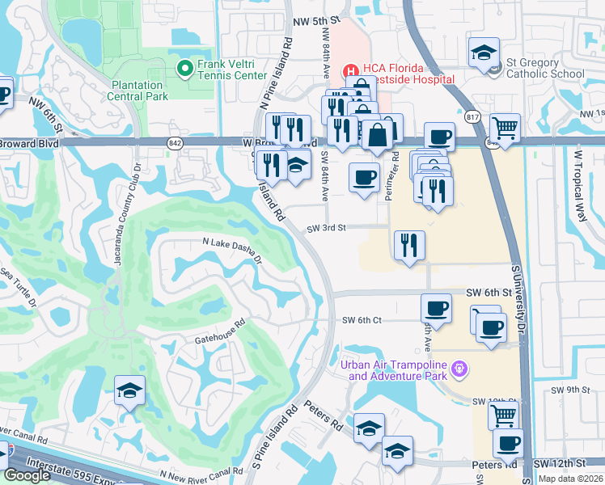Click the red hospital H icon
(x=349, y=70)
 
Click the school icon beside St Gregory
(x=484, y=53)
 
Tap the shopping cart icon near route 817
(x=505, y=126)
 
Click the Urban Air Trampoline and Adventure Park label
(x=395, y=369)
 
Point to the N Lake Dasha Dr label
(x=232, y=251)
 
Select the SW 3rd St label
(x=326, y=229)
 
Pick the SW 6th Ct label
(x=361, y=320)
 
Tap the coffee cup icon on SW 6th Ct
(x=437, y=308)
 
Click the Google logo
(x=27, y=475)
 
